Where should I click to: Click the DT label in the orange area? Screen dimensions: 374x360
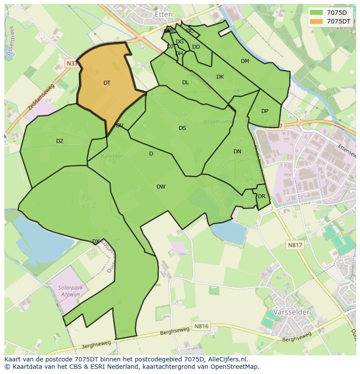tap(107, 83)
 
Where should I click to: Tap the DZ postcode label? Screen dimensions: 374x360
tap(60, 141)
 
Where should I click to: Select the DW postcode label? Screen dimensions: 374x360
tap(161, 187)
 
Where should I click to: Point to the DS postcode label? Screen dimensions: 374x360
tap(182, 128)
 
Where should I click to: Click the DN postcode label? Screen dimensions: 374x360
tap(237, 152)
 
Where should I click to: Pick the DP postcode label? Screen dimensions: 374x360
tap(265, 111)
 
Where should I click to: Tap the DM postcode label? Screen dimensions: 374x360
tap(245, 61)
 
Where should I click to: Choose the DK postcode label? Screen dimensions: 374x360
tap(220, 77)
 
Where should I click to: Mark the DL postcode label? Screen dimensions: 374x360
tap(186, 83)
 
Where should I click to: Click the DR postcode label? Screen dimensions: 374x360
tap(261, 196)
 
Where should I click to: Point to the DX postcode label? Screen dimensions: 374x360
tap(96, 242)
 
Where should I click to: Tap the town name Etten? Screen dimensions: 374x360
tap(163, 14)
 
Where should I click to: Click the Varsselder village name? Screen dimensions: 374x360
tap(291, 312)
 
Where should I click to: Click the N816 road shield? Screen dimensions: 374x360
tap(201, 326)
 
